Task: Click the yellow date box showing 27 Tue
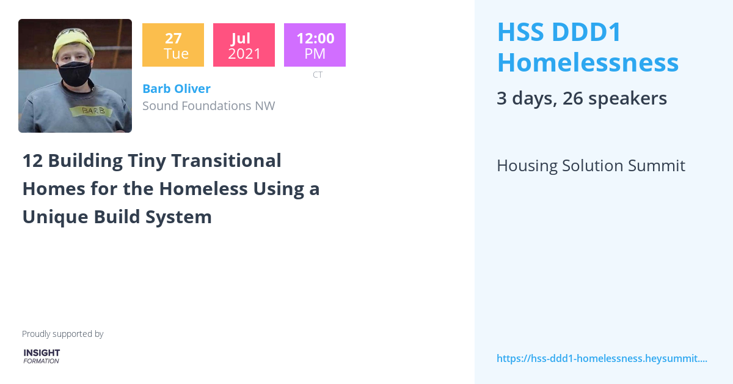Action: pyautogui.click(x=173, y=45)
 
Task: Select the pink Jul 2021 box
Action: pyautogui.click(x=244, y=45)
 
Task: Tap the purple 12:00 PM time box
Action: pyautogui.click(x=315, y=45)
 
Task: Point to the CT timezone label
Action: pyautogui.click(x=318, y=75)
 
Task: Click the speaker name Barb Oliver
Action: pyautogui.click(x=177, y=89)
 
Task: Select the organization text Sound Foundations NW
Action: pyautogui.click(x=208, y=106)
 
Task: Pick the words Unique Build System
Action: pyautogui.click(x=117, y=217)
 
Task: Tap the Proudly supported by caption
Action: pyautogui.click(x=62, y=334)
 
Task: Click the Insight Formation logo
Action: pyautogui.click(x=42, y=356)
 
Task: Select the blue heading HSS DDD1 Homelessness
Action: pyautogui.click(x=587, y=47)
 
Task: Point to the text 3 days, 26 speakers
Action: pyautogui.click(x=581, y=98)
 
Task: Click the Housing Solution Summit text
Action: pyautogui.click(x=590, y=166)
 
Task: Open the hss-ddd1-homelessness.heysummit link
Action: pyautogui.click(x=601, y=358)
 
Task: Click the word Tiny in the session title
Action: pyautogui.click(x=146, y=161)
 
